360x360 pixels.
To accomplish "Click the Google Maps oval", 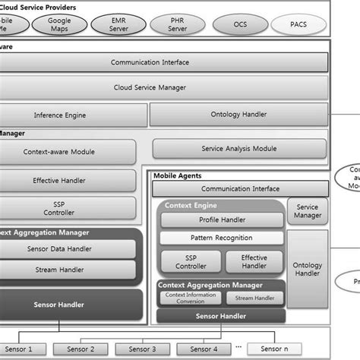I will tap(58, 25).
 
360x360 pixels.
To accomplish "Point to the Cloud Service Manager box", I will tap(150, 87).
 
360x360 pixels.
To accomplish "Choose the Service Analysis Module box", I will tap(238, 149).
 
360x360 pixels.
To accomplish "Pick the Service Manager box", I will tap(308, 210).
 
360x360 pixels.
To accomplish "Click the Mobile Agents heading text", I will tap(177, 176).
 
